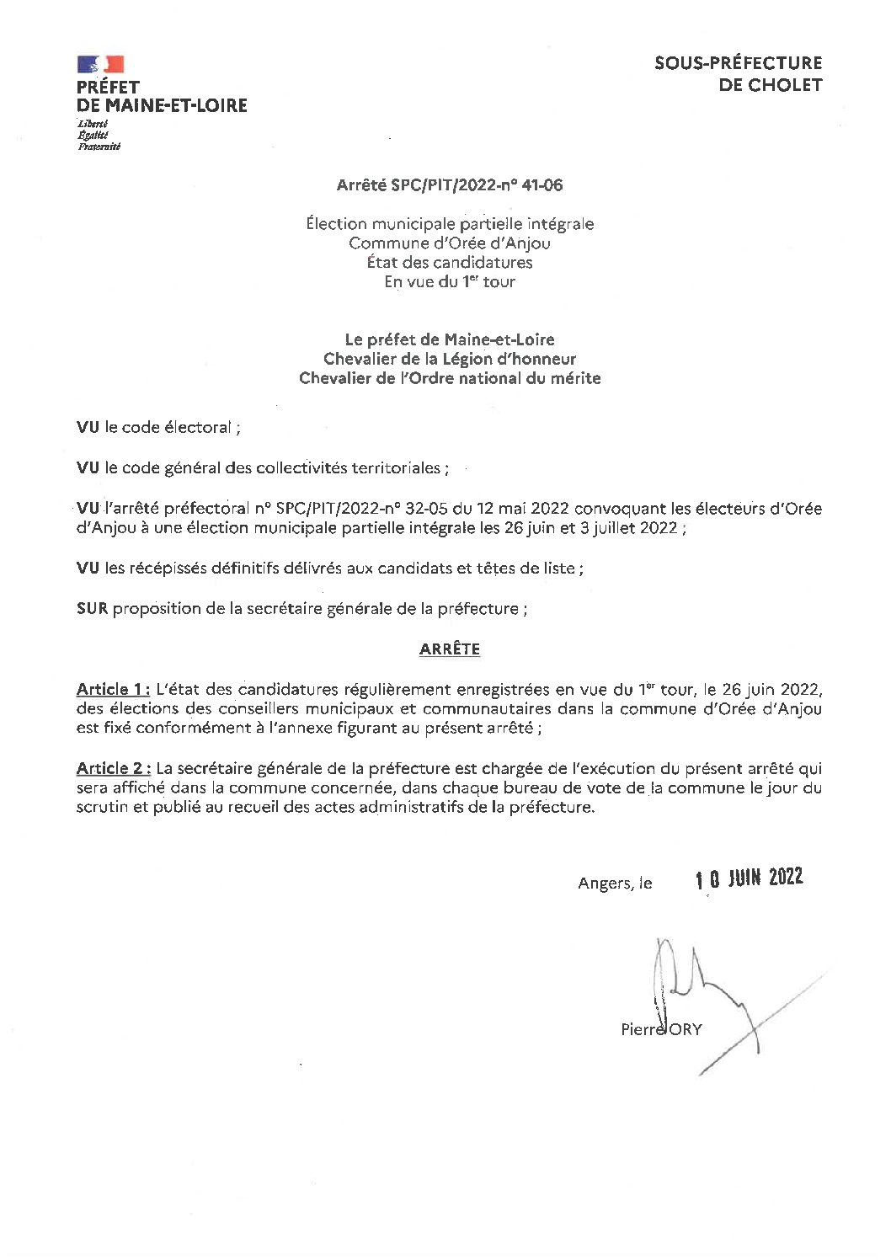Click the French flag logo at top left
101,64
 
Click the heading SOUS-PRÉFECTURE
738,63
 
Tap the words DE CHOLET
770,85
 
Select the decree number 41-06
542,185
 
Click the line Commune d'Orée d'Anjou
450,243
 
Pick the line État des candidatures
450,263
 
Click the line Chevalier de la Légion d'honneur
450,360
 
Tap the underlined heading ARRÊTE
450,649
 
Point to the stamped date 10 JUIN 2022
749,878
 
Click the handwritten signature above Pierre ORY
699,985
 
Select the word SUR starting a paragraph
92,609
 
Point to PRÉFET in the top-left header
108,87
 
